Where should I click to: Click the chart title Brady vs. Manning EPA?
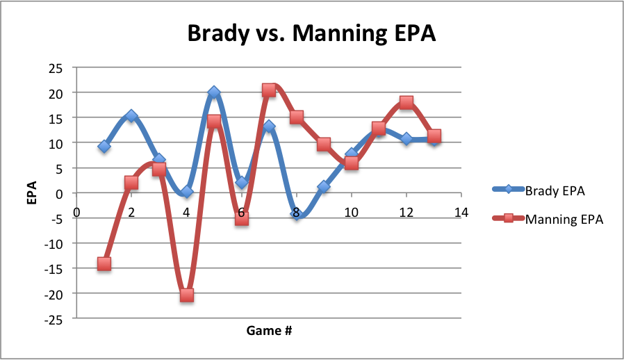pyautogui.click(x=311, y=33)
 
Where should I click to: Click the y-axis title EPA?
pyautogui.click(x=31, y=193)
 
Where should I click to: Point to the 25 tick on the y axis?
pyautogui.click(x=55, y=68)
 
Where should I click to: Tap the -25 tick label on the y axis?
pyautogui.click(x=54, y=319)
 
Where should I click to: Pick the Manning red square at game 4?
pyautogui.click(x=186, y=295)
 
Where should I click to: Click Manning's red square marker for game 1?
pyautogui.click(x=104, y=263)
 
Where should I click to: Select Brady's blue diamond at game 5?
pyautogui.click(x=214, y=92)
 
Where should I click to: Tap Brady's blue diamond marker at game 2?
pyautogui.click(x=131, y=116)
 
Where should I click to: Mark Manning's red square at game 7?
pyautogui.click(x=269, y=90)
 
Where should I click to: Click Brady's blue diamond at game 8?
pyautogui.click(x=297, y=215)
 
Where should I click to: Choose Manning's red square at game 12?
pyautogui.click(x=407, y=102)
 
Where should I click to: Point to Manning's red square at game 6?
pyautogui.click(x=241, y=218)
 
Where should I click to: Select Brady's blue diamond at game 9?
pyautogui.click(x=324, y=186)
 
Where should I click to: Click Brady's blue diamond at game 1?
pyautogui.click(x=104, y=147)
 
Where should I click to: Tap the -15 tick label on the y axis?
pyautogui.click(x=54, y=269)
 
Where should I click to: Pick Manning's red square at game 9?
pyautogui.click(x=324, y=145)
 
